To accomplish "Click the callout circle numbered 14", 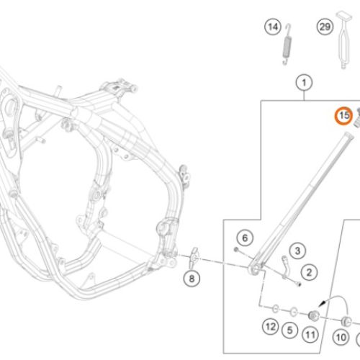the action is coord(273,27).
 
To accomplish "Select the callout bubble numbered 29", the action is coord(325,27).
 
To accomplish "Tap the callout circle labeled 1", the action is coord(304,83).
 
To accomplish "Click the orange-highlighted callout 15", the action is coord(344,116).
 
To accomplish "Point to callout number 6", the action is coord(245,238).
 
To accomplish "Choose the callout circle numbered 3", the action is coord(297,251).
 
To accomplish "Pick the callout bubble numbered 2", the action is coord(309,272).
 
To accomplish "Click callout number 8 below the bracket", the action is coord(192,279).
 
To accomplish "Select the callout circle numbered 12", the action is coord(271,326).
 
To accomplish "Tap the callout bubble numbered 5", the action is coord(289,330).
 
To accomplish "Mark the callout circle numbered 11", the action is coord(310,335).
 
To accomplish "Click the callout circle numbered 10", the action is coord(341,338).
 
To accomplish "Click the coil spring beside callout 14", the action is coord(287,45).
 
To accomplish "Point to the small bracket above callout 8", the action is coord(194,258).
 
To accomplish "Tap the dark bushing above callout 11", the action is coord(313,315).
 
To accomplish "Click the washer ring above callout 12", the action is coord(276,309).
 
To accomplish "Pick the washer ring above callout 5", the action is coord(293,312).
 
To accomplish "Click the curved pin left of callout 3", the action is coord(284,267).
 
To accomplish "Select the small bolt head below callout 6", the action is coord(236,250).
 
